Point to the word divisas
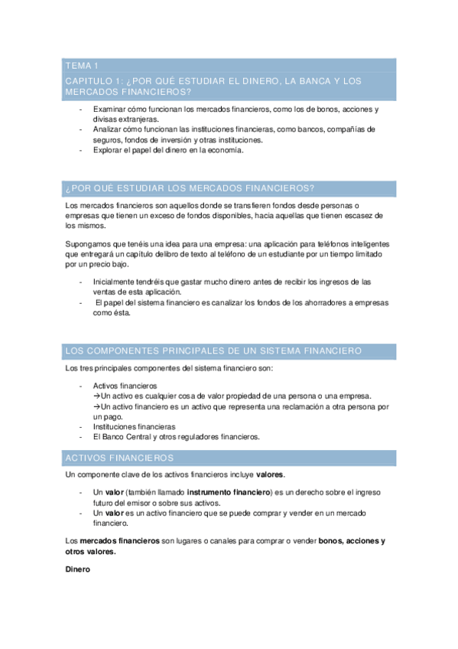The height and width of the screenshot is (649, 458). click(106, 119)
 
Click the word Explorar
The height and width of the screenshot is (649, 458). click(109, 150)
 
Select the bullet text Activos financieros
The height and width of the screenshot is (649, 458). click(125, 385)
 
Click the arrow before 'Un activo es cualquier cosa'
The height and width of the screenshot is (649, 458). click(96, 396)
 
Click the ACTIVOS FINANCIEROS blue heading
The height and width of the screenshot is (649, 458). click(121, 457)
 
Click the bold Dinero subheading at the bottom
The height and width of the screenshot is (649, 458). click(78, 569)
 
